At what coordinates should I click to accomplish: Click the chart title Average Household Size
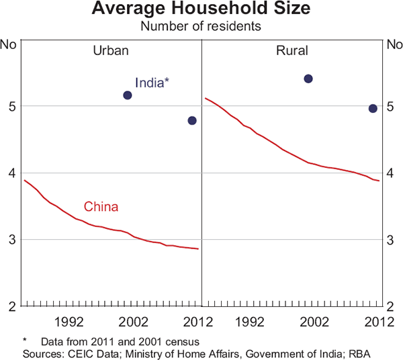(x=201, y=10)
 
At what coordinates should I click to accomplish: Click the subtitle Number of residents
(x=201, y=27)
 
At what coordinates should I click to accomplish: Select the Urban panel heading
(x=111, y=50)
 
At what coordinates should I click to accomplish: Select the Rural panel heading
(x=292, y=50)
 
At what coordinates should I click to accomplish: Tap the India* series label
(x=152, y=83)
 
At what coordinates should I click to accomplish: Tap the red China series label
(x=101, y=207)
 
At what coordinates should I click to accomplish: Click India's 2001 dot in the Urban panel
(x=128, y=95)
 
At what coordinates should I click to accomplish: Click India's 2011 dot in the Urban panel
(x=192, y=120)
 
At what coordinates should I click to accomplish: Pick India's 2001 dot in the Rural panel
(x=308, y=79)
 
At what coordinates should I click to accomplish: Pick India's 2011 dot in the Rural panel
(x=373, y=108)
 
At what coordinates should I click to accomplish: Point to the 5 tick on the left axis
(x=11, y=106)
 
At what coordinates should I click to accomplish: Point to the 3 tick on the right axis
(x=392, y=240)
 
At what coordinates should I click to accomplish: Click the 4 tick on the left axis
(x=11, y=173)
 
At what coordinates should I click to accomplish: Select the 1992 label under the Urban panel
(x=69, y=321)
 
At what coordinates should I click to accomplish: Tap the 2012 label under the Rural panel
(x=375, y=321)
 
